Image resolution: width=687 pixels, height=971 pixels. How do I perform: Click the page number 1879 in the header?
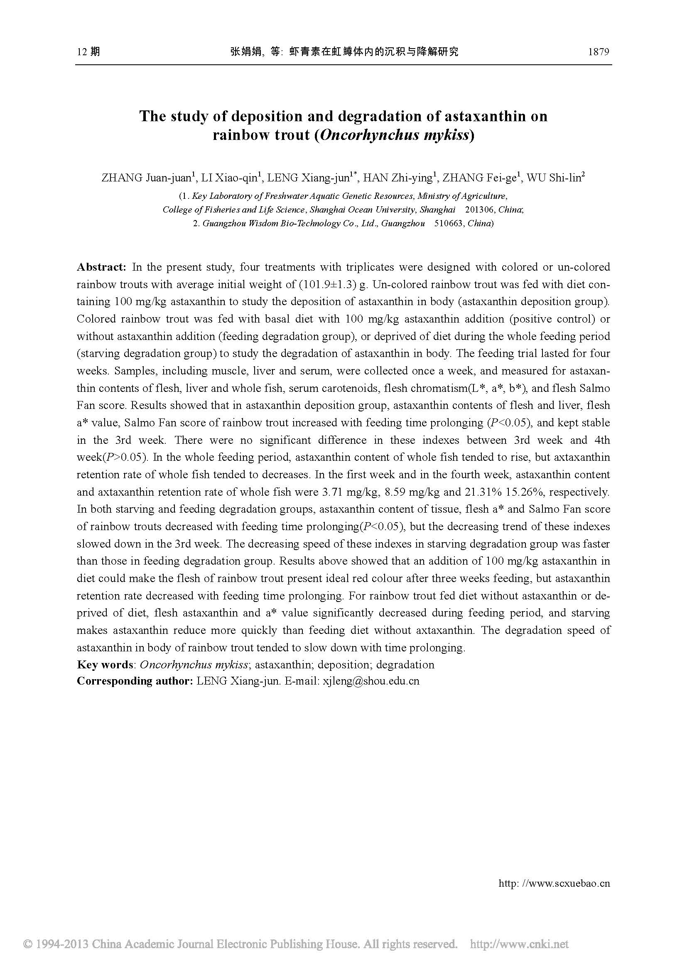pos(598,52)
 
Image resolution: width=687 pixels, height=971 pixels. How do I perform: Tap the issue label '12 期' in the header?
pos(88,52)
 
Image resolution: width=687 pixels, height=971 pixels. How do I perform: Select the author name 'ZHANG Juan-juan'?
pos(146,178)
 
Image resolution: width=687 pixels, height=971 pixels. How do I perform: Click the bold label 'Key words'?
pos(105,665)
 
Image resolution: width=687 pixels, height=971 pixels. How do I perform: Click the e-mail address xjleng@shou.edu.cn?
pos(371,681)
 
